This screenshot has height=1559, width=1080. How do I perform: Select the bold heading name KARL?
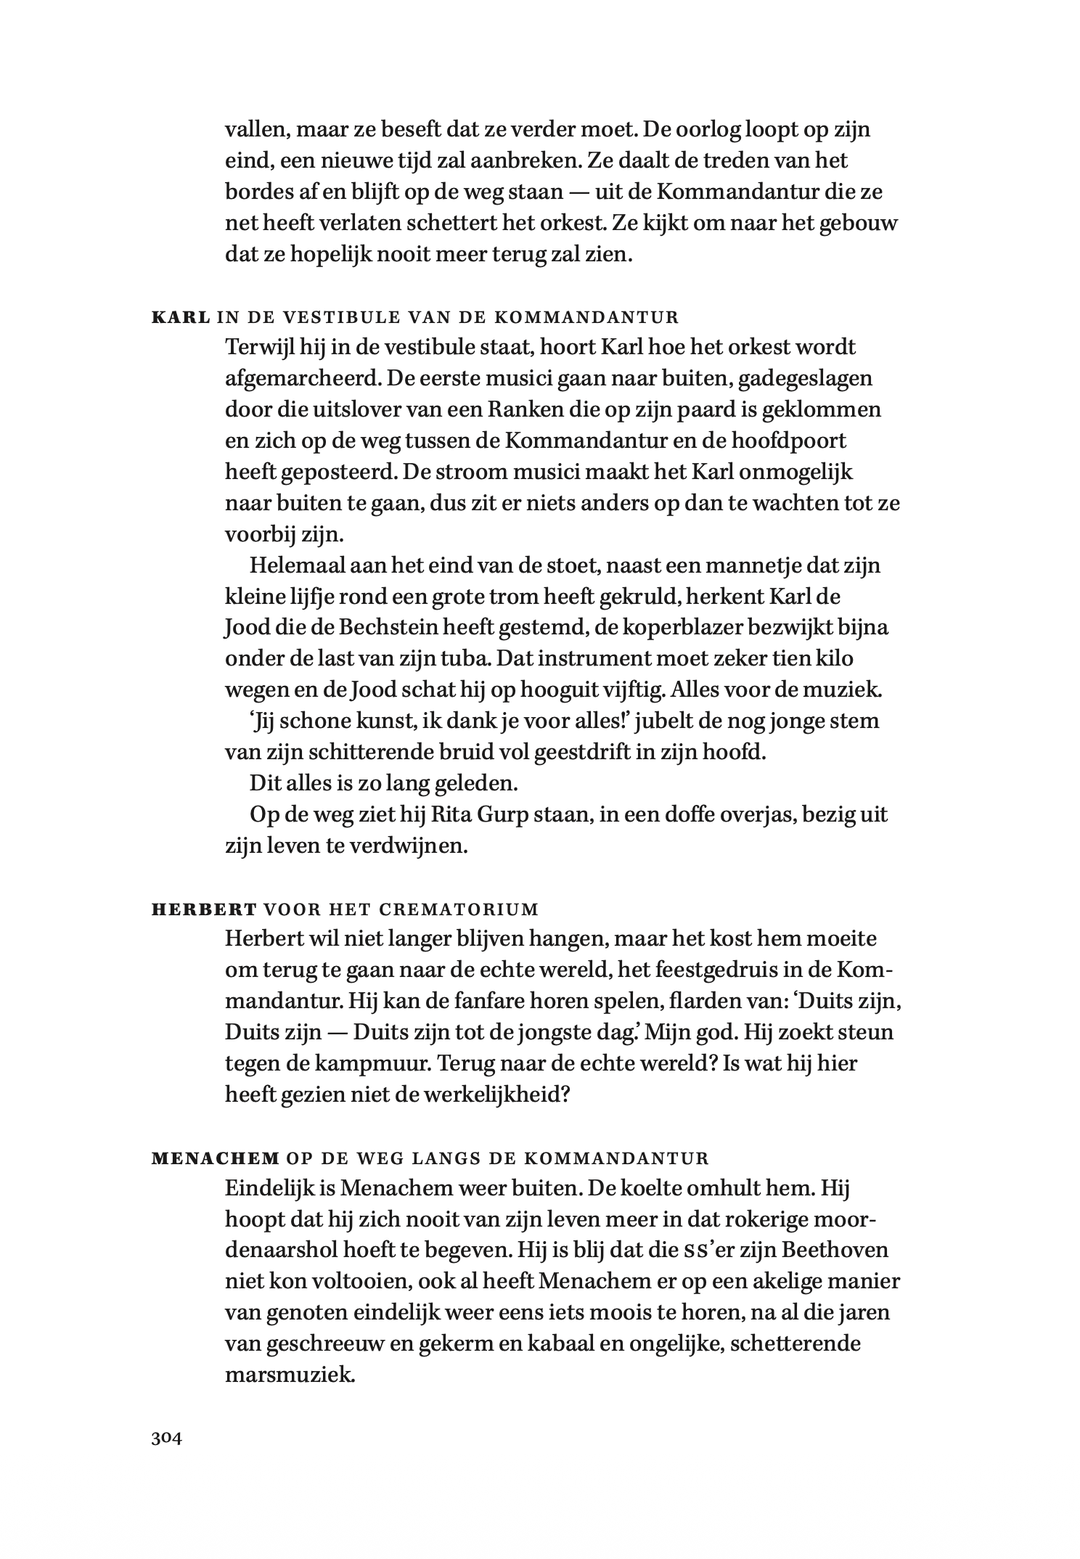click(x=181, y=317)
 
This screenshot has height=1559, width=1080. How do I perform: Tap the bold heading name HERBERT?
click(x=204, y=909)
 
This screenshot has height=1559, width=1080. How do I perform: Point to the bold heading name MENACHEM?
click(x=216, y=1158)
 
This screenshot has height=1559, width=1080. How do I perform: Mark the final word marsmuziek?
click(x=290, y=1376)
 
